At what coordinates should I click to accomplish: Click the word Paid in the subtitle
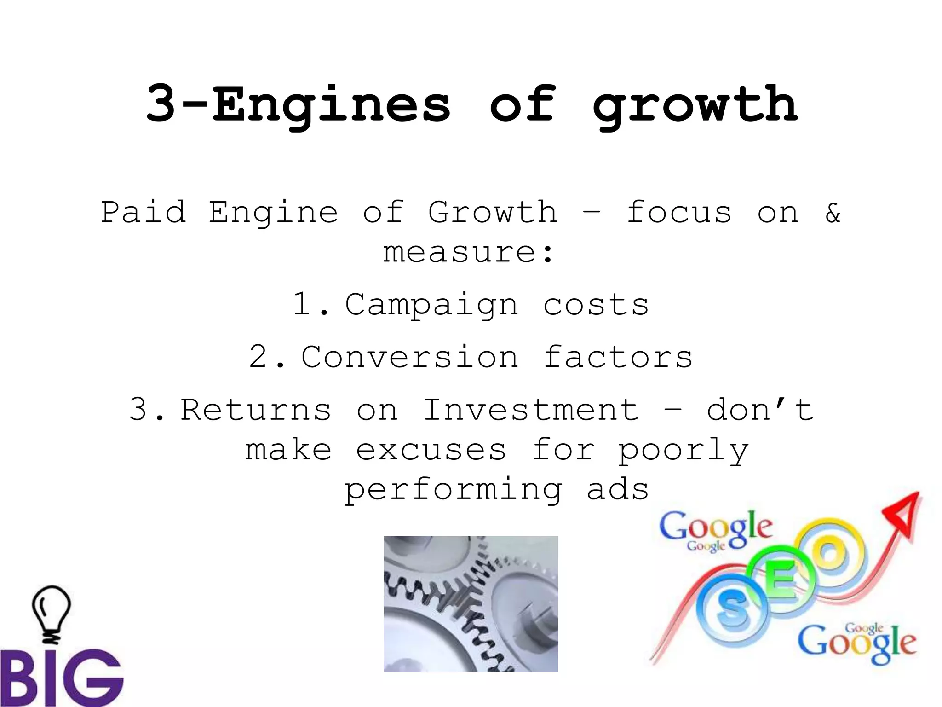click(x=144, y=212)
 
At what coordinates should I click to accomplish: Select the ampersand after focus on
click(x=833, y=212)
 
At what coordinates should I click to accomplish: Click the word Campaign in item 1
click(x=431, y=305)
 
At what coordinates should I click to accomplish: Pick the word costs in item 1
click(x=596, y=305)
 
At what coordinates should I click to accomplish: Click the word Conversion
click(x=410, y=357)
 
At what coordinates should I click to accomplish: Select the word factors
click(x=618, y=357)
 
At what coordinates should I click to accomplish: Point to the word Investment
click(x=531, y=409)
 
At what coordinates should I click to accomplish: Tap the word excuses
click(x=431, y=450)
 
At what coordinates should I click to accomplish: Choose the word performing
click(x=453, y=490)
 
